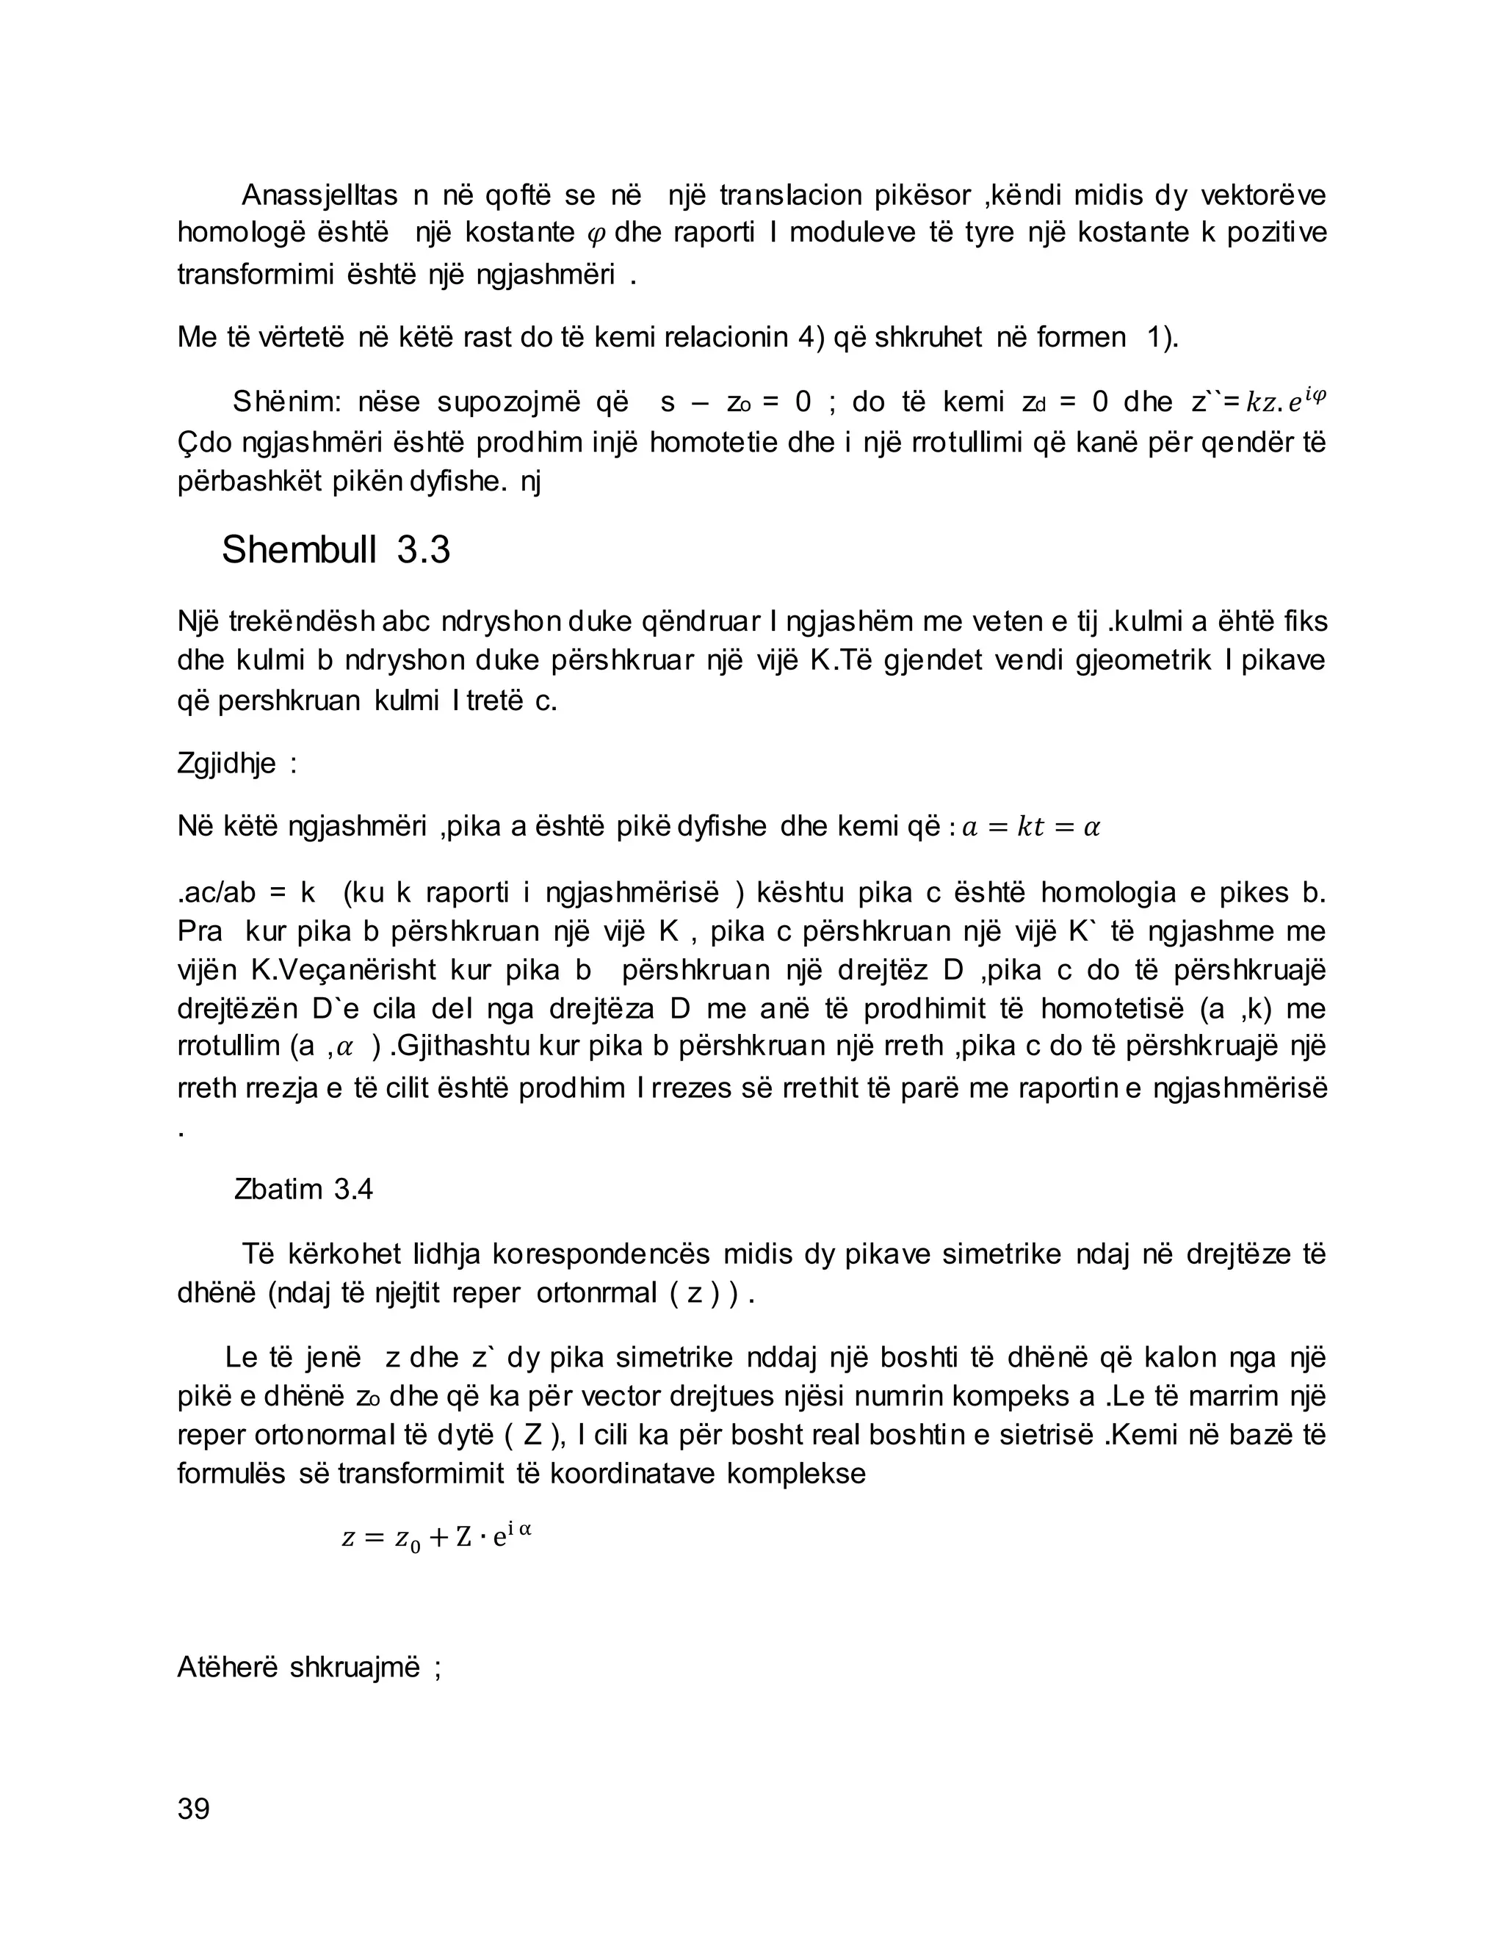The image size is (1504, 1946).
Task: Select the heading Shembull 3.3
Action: click(336, 550)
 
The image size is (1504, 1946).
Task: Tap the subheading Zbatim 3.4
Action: click(303, 1190)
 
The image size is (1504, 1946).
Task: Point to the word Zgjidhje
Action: click(226, 764)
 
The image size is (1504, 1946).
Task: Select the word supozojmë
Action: click(508, 402)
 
